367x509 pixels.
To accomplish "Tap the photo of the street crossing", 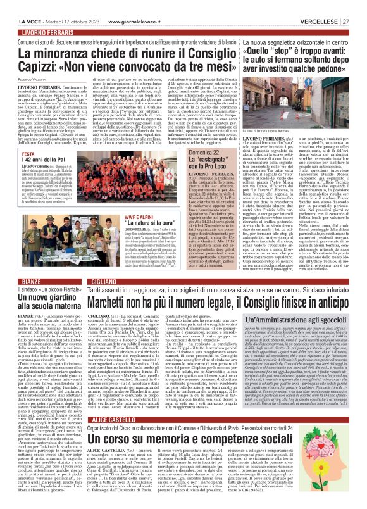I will [297, 94].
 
